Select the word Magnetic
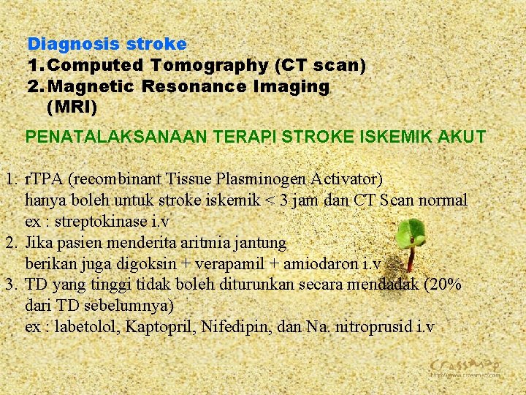pyautogui.click(x=94, y=86)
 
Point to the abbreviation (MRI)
pyautogui.click(x=71, y=107)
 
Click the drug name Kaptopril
pyautogui.click(x=159, y=326)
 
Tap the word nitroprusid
pyautogui.click(x=373, y=326)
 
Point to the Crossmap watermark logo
pyautogui.click(x=465, y=366)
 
